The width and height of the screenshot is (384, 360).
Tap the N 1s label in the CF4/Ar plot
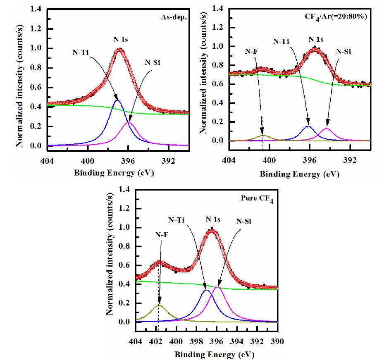point(317,40)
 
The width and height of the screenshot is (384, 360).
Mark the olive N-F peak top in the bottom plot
point(159,305)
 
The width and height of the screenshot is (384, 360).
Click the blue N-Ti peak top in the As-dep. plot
point(117,100)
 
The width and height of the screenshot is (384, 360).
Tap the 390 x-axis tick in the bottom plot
point(277,341)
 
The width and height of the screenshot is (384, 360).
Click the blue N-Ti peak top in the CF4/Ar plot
point(308,126)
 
